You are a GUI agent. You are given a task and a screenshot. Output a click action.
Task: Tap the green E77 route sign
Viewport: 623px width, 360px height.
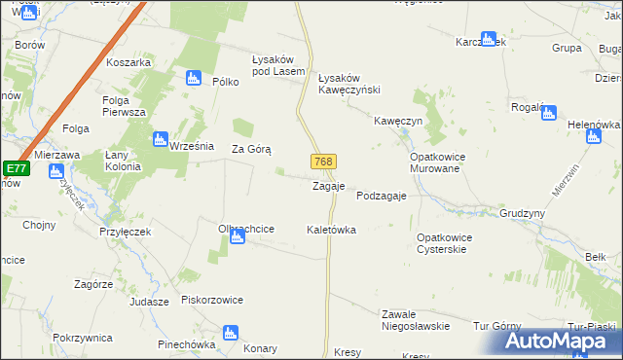[15, 169]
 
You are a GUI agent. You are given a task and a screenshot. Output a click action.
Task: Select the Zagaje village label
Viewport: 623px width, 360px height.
[328, 186]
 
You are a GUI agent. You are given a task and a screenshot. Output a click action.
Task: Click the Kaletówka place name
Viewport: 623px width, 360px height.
[331, 231]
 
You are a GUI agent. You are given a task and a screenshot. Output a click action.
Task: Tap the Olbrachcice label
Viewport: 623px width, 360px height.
[246, 229]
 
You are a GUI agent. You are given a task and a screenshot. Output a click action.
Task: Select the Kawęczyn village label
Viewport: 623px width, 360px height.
[397, 121]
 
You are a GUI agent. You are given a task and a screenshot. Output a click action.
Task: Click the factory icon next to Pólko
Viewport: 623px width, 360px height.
[194, 78]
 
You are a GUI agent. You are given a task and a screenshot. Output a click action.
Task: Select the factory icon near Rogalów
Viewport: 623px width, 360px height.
[547, 113]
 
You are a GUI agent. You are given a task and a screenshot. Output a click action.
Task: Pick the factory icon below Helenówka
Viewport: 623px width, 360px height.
[594, 137]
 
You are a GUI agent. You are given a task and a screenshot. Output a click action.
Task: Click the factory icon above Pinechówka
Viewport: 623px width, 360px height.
[231, 333]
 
